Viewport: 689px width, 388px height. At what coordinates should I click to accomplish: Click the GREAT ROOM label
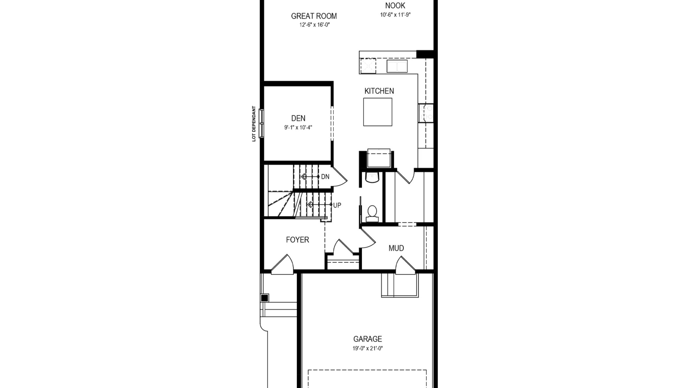314,16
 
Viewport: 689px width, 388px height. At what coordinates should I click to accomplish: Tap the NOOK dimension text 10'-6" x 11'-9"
395,15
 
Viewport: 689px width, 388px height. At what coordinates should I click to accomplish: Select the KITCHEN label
379,91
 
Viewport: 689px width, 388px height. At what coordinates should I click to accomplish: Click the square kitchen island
378,112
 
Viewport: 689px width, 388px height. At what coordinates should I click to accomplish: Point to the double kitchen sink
397,66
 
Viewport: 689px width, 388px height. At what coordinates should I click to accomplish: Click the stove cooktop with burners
426,113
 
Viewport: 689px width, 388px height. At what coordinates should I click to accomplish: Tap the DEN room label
298,118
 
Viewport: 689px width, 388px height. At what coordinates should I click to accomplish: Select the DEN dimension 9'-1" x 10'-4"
298,127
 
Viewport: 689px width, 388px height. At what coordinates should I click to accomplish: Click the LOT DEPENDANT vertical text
254,124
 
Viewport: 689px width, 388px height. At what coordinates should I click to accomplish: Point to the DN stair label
325,177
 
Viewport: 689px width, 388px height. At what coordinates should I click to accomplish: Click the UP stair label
337,205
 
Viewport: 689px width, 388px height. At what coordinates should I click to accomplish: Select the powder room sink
372,178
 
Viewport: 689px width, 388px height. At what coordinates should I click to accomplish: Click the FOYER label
297,240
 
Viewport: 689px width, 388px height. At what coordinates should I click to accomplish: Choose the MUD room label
396,248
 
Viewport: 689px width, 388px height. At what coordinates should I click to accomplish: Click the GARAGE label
367,339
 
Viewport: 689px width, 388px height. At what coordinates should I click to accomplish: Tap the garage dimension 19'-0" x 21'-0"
368,348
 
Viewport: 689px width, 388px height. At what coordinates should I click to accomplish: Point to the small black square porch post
265,298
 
